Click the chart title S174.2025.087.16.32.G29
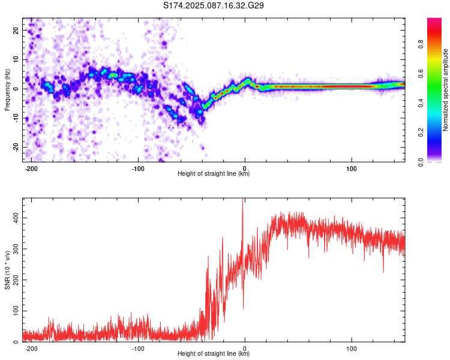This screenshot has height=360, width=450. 213,5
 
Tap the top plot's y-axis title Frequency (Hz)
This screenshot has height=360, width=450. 7,89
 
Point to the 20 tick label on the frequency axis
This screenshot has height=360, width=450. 16,30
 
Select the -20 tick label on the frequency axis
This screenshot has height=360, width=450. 16,148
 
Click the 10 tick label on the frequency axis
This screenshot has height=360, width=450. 16,59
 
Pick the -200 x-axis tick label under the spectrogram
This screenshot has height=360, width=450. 31,169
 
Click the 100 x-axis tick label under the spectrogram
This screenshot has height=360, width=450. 352,169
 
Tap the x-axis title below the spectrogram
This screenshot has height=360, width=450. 214,173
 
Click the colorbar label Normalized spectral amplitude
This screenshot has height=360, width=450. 445,89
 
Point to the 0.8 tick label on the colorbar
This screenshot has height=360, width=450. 421,44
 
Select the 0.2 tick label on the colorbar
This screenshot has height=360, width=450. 421,133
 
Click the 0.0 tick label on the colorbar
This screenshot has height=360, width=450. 421,162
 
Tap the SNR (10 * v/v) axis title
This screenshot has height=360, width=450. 7,270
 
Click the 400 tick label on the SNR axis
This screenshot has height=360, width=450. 16,218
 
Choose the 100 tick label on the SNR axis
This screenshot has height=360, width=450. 16,311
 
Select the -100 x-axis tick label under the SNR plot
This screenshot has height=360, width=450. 138,349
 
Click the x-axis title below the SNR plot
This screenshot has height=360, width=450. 214,353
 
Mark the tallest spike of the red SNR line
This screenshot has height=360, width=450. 243,199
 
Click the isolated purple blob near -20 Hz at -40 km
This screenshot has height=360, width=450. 203,148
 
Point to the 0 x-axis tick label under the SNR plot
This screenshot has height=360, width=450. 245,349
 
